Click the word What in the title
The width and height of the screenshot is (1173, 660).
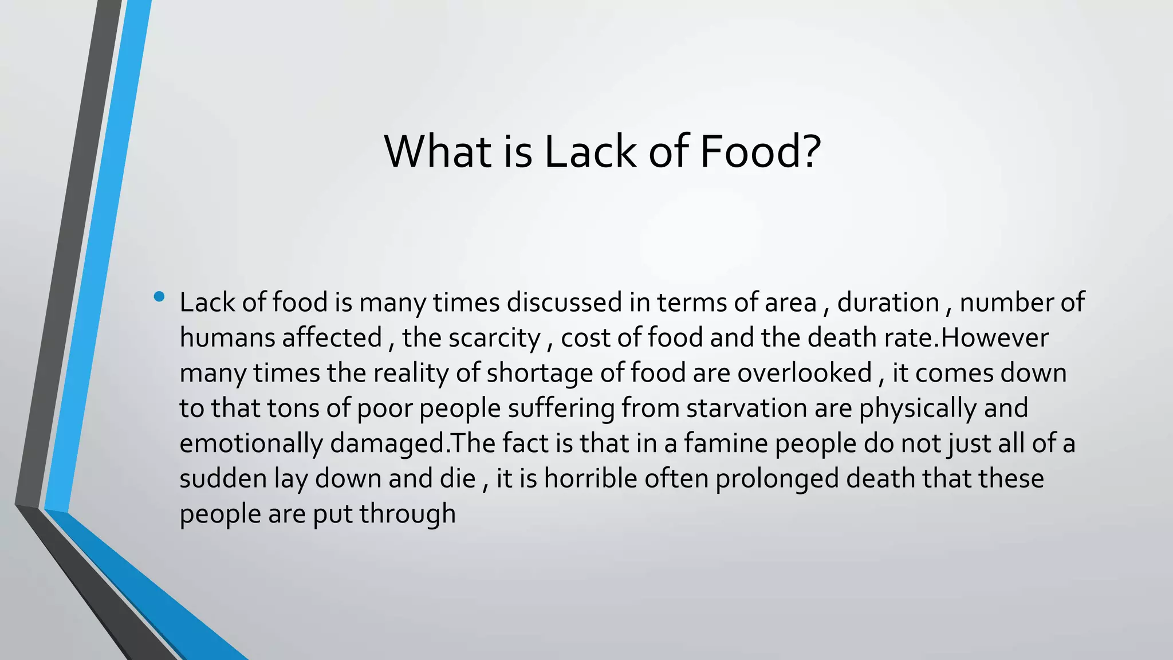[437, 151]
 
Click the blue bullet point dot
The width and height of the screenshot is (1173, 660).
[159, 297]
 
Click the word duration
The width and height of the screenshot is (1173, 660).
[888, 302]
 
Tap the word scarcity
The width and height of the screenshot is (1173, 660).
[494, 339]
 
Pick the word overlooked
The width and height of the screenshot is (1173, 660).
[804, 373]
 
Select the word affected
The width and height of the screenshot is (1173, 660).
[332, 337]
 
